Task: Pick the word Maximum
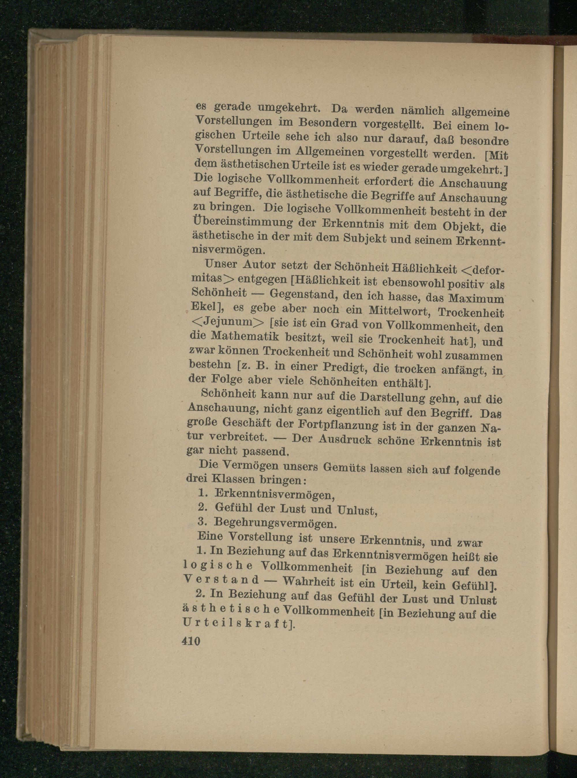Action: (x=476, y=299)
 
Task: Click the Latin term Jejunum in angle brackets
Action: (x=226, y=321)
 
